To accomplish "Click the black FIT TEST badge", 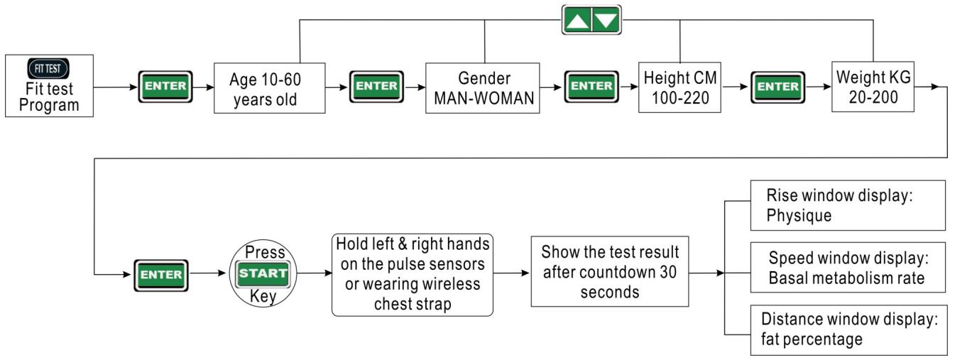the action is [x=48, y=69].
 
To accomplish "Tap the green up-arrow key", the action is [x=577, y=20].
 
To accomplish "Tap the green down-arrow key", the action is [x=606, y=20].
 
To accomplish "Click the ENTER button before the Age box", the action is [x=165, y=87].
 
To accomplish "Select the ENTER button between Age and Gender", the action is [x=376, y=87].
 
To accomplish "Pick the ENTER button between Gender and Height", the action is [x=591, y=87].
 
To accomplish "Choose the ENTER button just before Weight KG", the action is [x=777, y=87].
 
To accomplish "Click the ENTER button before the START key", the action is [x=161, y=275].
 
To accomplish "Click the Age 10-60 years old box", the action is [x=269, y=88].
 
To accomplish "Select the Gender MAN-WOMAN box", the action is [x=483, y=88].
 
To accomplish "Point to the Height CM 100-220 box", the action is [x=680, y=87].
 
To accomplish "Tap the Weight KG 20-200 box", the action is [x=873, y=87].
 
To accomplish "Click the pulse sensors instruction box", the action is [x=413, y=275].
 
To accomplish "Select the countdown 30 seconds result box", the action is [x=610, y=271].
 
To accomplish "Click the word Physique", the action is [x=799, y=215].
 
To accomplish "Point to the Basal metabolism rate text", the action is [x=846, y=278].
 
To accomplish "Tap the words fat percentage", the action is [x=812, y=339].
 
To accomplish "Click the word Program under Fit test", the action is [x=49, y=105].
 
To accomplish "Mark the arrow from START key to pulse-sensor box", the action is [x=315, y=273].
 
